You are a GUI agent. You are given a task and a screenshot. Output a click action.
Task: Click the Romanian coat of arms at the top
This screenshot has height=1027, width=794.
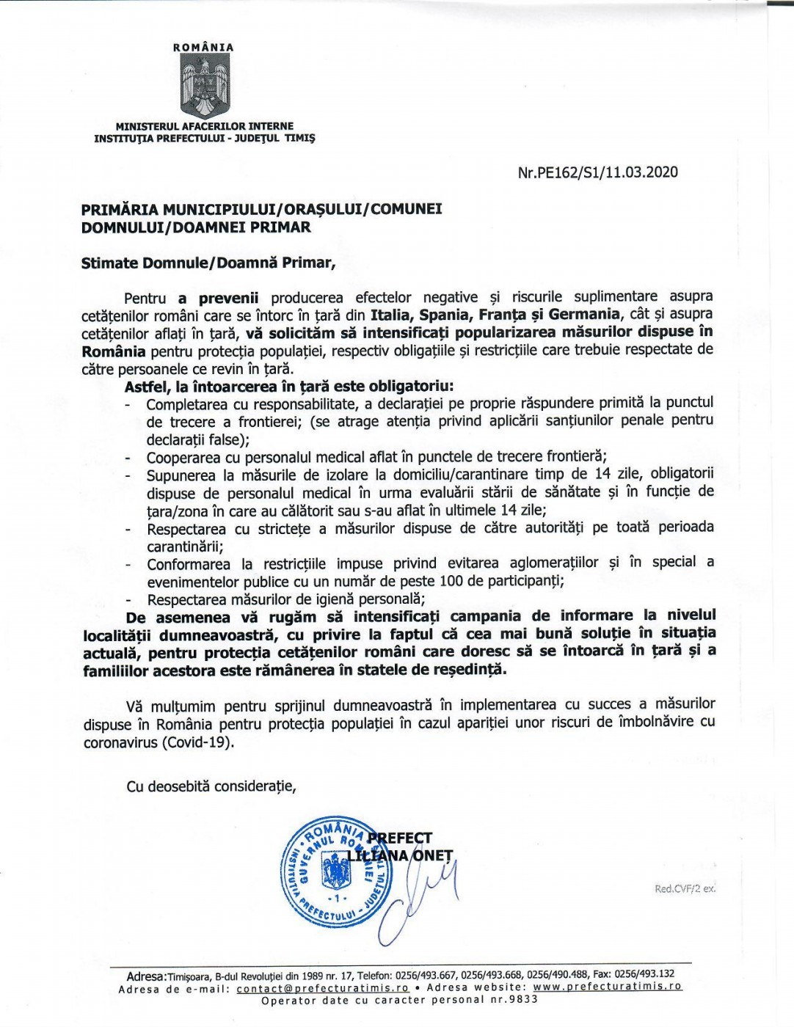(x=204, y=87)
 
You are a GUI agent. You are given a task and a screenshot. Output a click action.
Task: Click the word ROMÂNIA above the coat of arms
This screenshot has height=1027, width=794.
(x=203, y=47)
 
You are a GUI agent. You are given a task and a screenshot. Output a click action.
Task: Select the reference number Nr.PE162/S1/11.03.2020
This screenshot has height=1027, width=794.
(x=597, y=172)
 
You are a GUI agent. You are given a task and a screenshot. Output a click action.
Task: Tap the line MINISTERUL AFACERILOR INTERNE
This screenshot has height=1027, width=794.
(x=205, y=127)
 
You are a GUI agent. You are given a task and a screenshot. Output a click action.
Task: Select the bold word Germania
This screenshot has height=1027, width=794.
(x=579, y=315)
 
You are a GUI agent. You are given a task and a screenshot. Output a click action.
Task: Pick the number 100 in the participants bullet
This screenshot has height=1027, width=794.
(x=451, y=582)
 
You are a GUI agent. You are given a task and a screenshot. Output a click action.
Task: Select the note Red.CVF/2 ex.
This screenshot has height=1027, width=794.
(x=685, y=889)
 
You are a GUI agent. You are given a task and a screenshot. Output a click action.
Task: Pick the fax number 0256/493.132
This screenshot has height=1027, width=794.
(x=645, y=975)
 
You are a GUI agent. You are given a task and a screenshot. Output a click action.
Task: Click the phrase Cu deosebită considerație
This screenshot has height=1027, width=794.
(x=211, y=786)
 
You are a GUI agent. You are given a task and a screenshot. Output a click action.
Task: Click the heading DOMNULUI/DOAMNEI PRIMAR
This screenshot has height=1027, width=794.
(x=197, y=227)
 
